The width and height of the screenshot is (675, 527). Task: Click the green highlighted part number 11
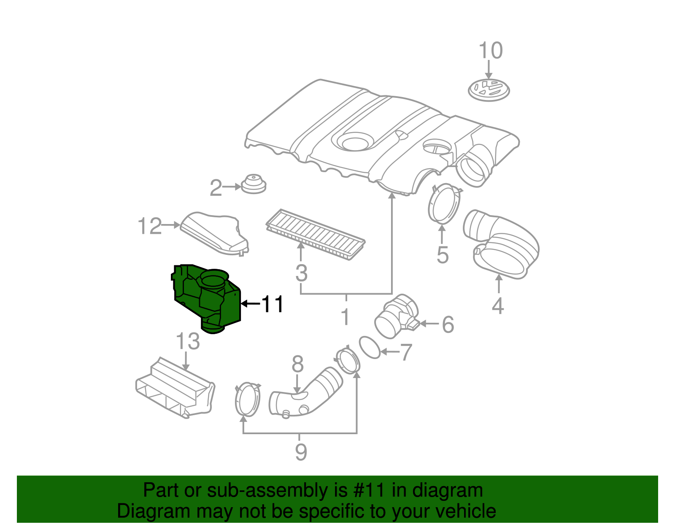207,297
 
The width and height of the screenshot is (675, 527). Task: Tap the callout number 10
491,51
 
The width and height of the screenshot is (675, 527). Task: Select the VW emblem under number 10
489,90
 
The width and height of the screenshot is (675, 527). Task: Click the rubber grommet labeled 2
254,184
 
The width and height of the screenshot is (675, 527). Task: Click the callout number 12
150,227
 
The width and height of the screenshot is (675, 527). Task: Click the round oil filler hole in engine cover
356,142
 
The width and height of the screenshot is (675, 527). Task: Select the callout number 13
188,341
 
